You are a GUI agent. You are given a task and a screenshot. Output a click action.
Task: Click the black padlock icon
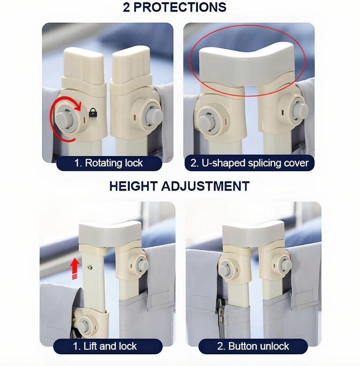click(x=93, y=112)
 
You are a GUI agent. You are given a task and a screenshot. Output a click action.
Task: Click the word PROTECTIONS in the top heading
click(x=180, y=7)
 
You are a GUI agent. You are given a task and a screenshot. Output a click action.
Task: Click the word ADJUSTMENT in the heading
click(x=205, y=186)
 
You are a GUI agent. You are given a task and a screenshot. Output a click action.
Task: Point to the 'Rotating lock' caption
click(x=109, y=163)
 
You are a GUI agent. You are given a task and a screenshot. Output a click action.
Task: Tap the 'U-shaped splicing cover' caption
click(x=249, y=163)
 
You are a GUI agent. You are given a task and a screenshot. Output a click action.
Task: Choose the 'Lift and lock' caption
click(x=105, y=346)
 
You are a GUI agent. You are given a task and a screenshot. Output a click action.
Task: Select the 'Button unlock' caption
click(x=253, y=346)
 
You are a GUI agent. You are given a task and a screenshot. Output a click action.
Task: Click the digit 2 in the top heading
click(x=126, y=8)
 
